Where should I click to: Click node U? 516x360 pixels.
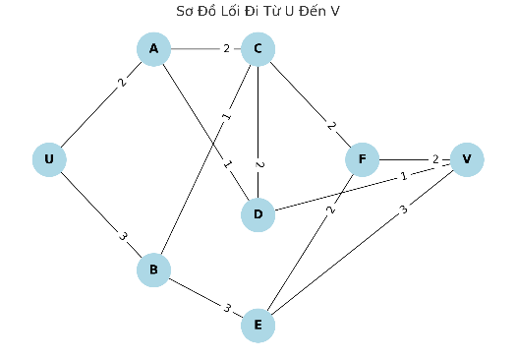tap(49, 159)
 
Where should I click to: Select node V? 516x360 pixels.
tap(467, 159)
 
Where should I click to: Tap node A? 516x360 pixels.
tap(153, 49)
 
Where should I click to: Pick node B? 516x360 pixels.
tap(153, 270)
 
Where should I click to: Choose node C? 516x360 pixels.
tap(258, 49)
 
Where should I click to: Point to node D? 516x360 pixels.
tap(258, 214)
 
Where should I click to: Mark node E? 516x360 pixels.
tap(258, 326)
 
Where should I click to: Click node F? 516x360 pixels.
tap(363, 159)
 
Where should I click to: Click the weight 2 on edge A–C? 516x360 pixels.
tap(226, 49)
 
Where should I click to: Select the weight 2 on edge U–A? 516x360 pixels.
tap(122, 82)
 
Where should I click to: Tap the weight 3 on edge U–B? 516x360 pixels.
tap(123, 236)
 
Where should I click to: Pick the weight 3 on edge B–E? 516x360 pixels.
tap(227, 308)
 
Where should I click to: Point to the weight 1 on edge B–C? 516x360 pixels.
tap(227, 116)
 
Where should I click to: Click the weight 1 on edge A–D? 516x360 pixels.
tap(227, 163)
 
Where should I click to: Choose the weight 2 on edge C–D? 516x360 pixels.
tap(259, 164)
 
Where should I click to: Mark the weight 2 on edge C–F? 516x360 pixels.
tap(331, 126)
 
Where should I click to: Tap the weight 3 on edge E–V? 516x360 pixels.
tap(404, 210)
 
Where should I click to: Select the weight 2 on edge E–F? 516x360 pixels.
tap(331, 210)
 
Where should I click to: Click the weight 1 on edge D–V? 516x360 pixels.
tap(404, 176)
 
